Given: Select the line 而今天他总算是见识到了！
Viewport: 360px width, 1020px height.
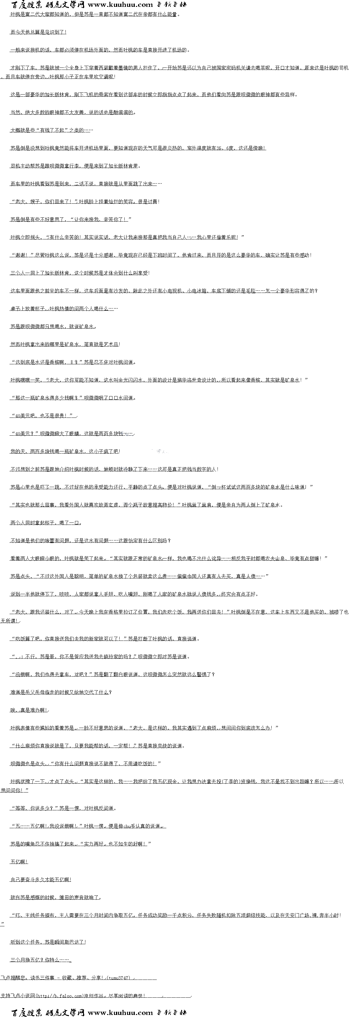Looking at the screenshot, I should click(x=38, y=32).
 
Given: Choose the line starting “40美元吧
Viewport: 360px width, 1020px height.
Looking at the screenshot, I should click(x=43, y=416).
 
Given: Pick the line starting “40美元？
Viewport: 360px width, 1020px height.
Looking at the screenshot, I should click(x=71, y=434).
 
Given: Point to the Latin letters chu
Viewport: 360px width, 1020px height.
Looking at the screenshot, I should click(x=127, y=826).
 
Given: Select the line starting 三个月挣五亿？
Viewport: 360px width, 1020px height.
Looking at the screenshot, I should click(x=40, y=960).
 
